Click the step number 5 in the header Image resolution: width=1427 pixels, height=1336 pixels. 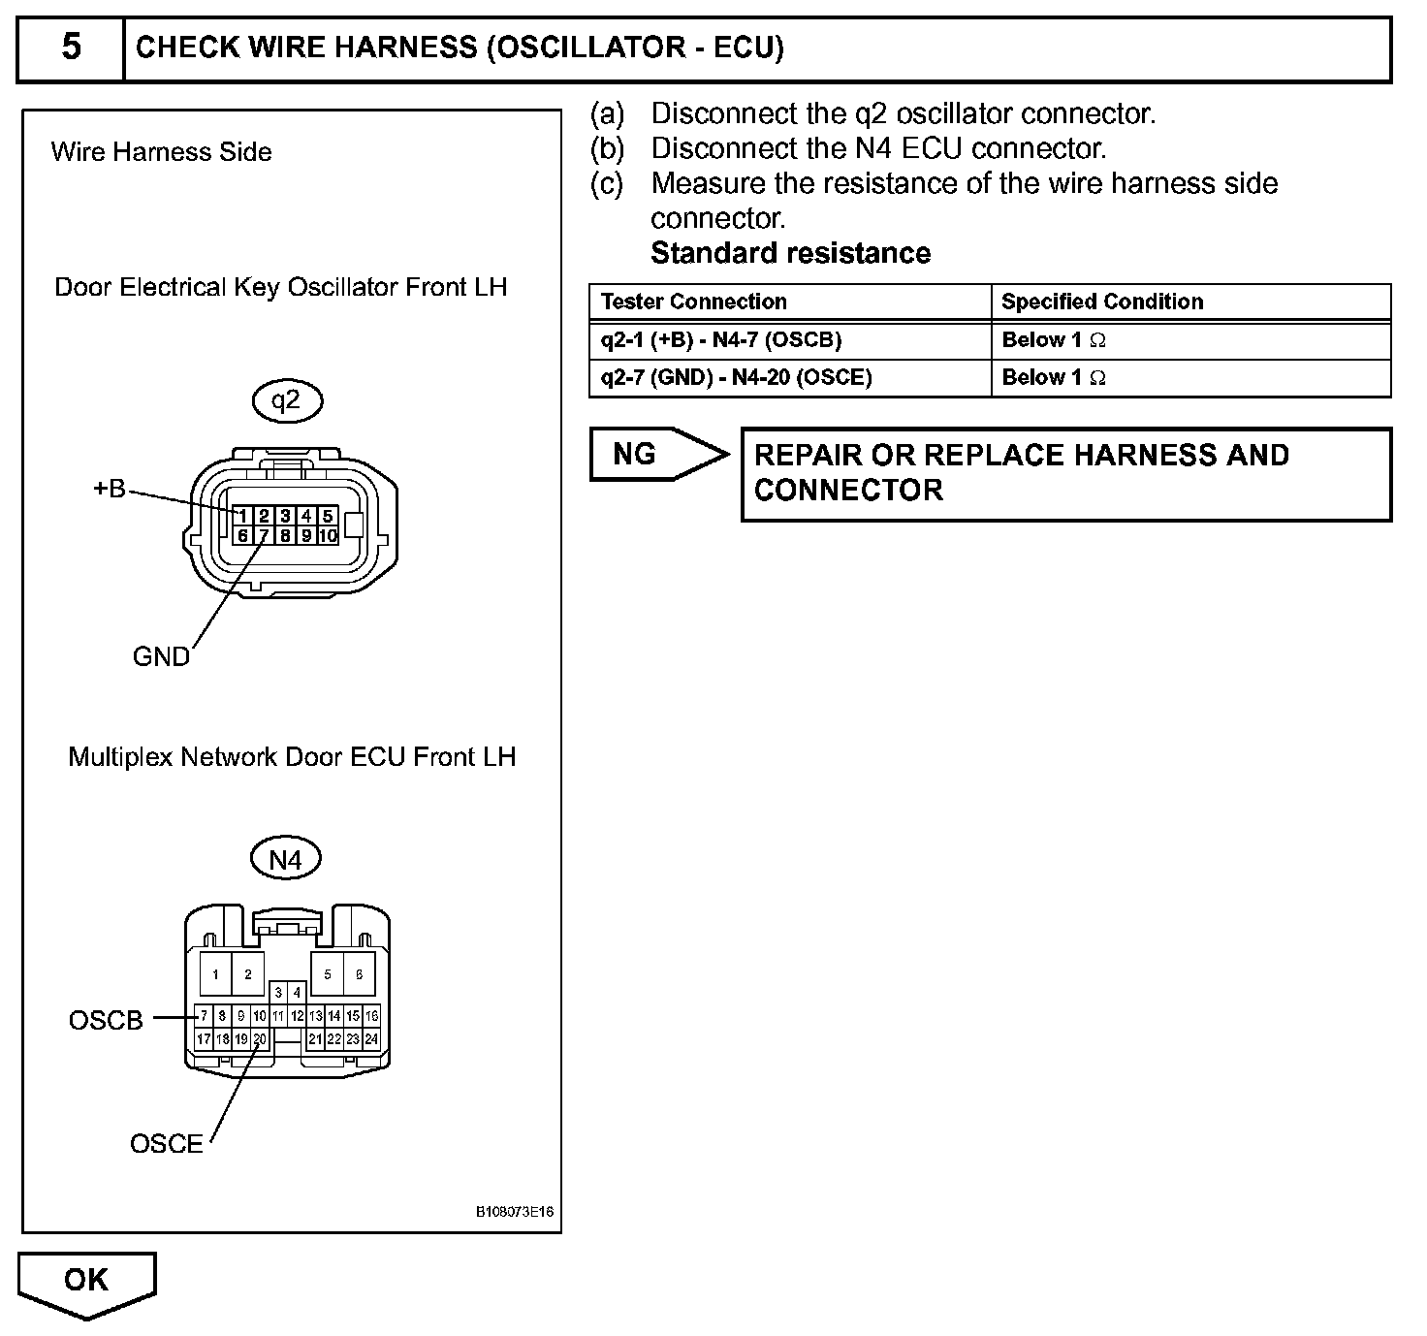71,47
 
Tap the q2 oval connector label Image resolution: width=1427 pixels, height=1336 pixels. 286,401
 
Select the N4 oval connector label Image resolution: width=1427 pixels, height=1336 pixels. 285,859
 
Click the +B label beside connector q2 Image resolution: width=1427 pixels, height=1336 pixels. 110,489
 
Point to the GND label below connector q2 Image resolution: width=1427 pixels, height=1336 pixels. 161,657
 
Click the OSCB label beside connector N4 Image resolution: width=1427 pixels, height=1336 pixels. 106,1020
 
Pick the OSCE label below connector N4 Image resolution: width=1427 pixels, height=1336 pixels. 167,1144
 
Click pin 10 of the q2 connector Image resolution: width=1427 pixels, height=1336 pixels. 328,535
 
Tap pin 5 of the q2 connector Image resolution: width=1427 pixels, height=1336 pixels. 328,517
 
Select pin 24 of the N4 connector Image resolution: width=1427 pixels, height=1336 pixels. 371,1038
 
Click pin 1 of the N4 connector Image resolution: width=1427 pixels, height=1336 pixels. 215,974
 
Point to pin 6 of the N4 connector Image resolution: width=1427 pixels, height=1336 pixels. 359,974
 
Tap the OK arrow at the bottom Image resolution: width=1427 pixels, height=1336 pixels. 86,1282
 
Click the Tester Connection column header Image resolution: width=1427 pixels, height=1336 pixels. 694,302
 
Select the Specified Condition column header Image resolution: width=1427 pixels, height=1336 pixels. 1102,302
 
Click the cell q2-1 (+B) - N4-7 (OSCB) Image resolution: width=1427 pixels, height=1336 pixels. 721,340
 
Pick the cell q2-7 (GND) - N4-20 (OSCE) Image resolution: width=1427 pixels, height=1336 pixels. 737,377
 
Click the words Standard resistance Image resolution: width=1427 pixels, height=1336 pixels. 790,253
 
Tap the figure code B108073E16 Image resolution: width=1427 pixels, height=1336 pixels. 516,1213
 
